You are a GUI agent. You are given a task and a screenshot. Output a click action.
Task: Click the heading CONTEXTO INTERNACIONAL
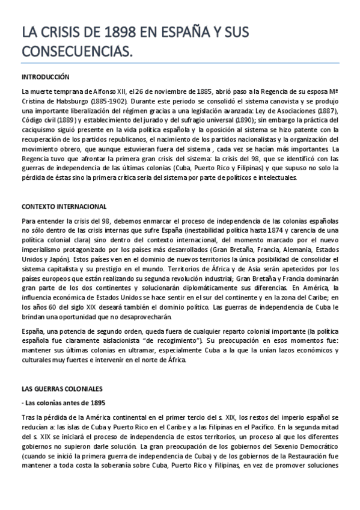[64, 206]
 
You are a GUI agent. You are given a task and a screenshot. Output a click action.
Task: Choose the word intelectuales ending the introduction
[276, 177]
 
